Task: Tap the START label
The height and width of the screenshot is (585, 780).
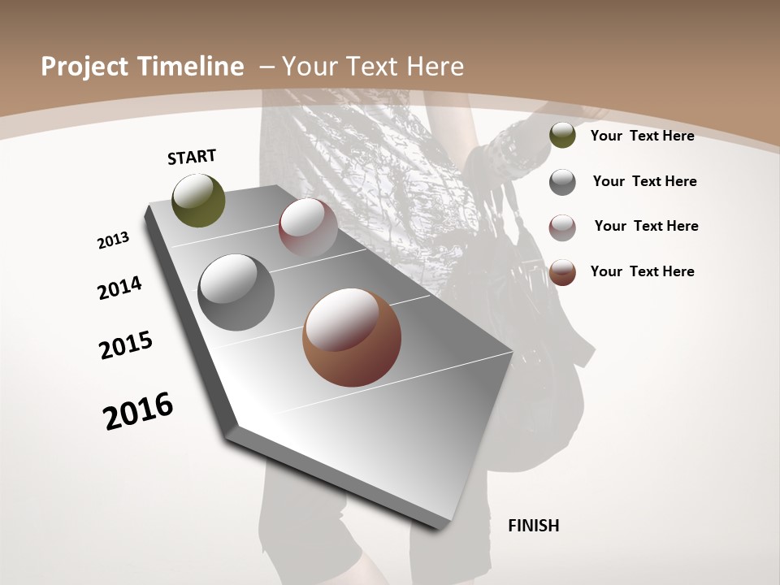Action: (192, 157)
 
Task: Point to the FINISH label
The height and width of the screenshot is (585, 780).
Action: (534, 526)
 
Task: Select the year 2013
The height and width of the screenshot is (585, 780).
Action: (114, 240)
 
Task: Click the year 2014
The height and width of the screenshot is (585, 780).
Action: (120, 288)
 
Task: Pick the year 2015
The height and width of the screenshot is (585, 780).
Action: (126, 345)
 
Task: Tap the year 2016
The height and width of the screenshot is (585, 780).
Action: (138, 411)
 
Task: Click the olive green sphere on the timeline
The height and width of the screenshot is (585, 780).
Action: (198, 200)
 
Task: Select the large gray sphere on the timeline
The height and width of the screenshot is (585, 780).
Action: (236, 292)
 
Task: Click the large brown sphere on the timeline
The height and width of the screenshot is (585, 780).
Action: (352, 337)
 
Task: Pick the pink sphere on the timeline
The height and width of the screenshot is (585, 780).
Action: (308, 227)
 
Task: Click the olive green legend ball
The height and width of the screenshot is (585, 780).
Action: (562, 136)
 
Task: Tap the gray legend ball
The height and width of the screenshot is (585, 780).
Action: (562, 182)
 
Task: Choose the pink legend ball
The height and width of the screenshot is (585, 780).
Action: (562, 227)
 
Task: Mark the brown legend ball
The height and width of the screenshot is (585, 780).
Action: (562, 272)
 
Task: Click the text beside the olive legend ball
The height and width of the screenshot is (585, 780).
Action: (642, 136)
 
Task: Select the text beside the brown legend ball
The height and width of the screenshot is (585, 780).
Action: (642, 271)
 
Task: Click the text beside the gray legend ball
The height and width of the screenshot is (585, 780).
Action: (644, 181)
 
